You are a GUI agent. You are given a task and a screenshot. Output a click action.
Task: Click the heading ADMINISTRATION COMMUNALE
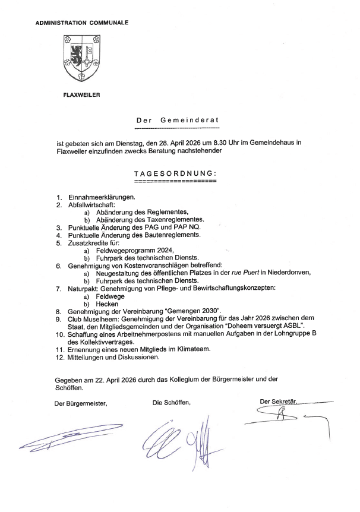click(82, 23)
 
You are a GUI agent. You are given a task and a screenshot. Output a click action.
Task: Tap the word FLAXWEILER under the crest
click(81, 95)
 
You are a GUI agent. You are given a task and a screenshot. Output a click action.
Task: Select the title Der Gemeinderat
click(178, 121)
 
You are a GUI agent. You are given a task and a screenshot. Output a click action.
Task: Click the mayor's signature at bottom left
click(68, 440)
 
